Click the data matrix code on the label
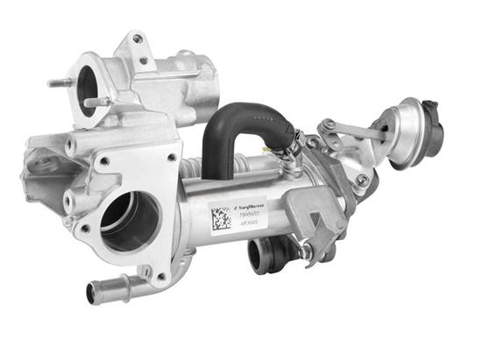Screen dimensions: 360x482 pos(221,215)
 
